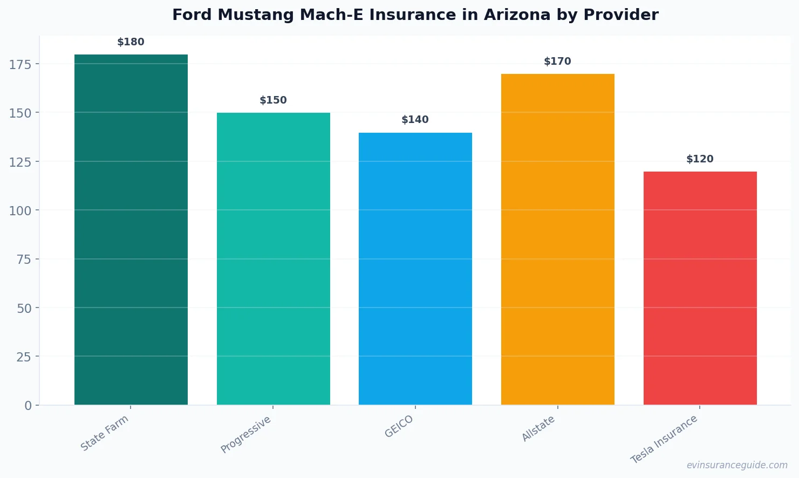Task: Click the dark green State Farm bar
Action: (131, 229)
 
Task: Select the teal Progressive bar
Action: (273, 258)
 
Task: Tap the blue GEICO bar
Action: (415, 268)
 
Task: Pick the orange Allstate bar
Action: (557, 239)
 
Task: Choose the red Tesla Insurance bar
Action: (700, 288)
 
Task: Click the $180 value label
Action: (131, 42)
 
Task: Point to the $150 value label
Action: (273, 100)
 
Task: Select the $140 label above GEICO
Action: (415, 120)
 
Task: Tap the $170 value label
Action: (557, 62)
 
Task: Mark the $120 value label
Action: (700, 159)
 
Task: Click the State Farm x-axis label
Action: (105, 433)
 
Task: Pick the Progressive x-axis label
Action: (246, 434)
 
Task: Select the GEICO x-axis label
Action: (399, 426)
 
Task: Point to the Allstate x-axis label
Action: (538, 429)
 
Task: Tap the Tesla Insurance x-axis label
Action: (664, 439)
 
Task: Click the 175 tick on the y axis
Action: (20, 64)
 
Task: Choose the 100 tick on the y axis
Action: (20, 210)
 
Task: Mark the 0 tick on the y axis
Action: (28, 406)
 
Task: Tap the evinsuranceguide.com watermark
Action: (736, 465)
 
